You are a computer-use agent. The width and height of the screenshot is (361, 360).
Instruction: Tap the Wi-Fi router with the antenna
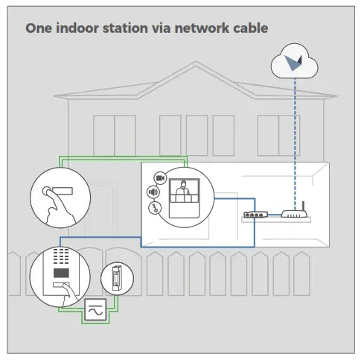294,215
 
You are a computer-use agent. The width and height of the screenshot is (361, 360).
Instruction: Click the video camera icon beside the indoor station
159,177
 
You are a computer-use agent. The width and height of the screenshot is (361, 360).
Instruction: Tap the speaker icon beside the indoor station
154,192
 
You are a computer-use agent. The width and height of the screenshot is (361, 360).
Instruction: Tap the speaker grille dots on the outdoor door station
60,254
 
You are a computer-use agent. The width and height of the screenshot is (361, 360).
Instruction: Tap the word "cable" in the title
249,28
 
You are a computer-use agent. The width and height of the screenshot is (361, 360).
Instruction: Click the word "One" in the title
39,28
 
